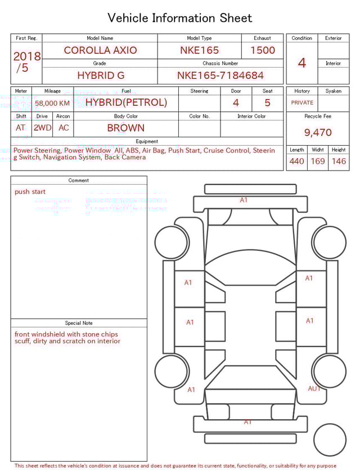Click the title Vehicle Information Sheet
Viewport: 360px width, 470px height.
coord(180,18)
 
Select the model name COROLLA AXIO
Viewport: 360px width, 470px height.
coord(100,50)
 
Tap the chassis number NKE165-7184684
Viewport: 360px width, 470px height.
coord(220,75)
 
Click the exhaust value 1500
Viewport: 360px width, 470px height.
coord(263,50)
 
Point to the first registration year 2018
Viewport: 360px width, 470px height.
coord(26,56)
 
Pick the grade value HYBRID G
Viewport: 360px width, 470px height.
coord(101,75)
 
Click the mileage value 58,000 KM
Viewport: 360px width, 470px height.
coord(52,104)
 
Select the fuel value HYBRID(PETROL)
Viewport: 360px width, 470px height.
coord(126,102)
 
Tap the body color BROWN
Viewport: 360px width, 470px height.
coord(126,128)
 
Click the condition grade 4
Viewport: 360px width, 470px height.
coord(302,62)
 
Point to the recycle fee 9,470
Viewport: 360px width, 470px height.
coord(318,133)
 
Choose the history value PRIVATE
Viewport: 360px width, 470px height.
coord(302,103)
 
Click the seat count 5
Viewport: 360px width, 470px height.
coord(267,102)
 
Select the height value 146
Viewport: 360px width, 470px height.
coord(339,162)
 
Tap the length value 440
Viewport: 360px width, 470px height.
coord(296,162)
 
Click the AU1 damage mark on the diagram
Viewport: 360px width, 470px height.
coord(314,388)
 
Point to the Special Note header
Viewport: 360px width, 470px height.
coord(79,323)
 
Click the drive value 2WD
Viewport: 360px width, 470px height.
coord(42,128)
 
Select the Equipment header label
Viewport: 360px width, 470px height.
coord(147,141)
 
